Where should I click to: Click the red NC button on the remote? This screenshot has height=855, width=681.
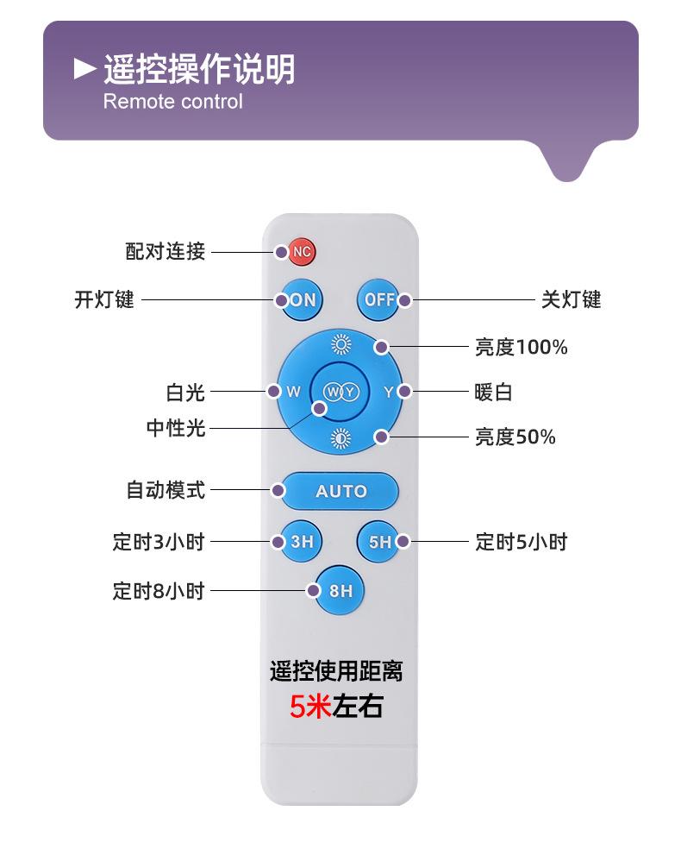(x=301, y=252)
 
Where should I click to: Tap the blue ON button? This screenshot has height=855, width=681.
(x=301, y=300)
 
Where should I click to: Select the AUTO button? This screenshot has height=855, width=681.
(x=340, y=491)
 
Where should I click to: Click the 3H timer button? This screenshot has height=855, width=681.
(x=301, y=542)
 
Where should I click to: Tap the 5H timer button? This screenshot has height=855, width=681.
(x=378, y=542)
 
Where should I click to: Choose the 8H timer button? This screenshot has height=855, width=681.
(x=340, y=590)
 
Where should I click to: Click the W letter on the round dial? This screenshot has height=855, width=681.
(x=294, y=392)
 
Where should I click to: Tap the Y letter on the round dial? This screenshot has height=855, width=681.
(x=389, y=392)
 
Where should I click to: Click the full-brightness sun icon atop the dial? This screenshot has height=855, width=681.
(x=341, y=344)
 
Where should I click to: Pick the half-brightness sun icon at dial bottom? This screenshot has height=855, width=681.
(x=341, y=438)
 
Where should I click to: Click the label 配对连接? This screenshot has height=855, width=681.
(x=165, y=251)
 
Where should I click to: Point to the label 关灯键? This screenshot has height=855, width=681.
(x=571, y=300)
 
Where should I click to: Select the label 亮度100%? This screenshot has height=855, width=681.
(x=522, y=347)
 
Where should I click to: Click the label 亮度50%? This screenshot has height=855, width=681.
(x=515, y=437)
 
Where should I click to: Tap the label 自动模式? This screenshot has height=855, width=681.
(x=166, y=490)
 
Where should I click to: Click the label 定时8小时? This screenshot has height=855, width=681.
(x=159, y=590)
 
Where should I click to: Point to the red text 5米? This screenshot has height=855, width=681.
(x=310, y=707)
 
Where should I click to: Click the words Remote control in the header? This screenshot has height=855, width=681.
(x=172, y=102)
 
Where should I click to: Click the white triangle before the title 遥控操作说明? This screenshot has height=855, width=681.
(x=85, y=69)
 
